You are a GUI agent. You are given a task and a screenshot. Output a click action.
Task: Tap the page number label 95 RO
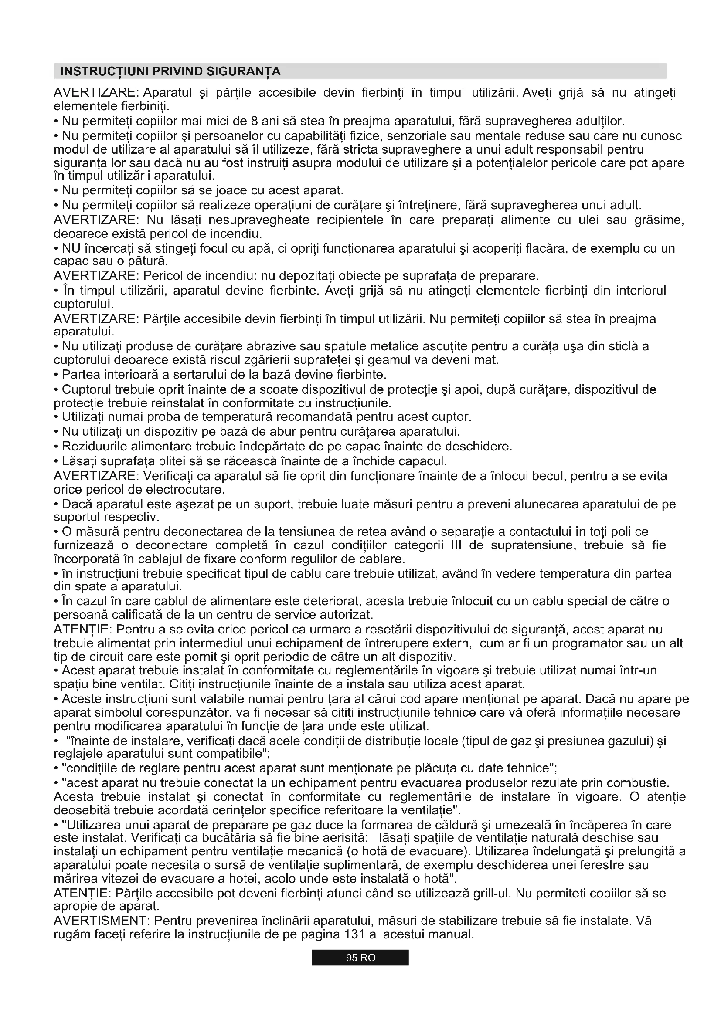(360, 958)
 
